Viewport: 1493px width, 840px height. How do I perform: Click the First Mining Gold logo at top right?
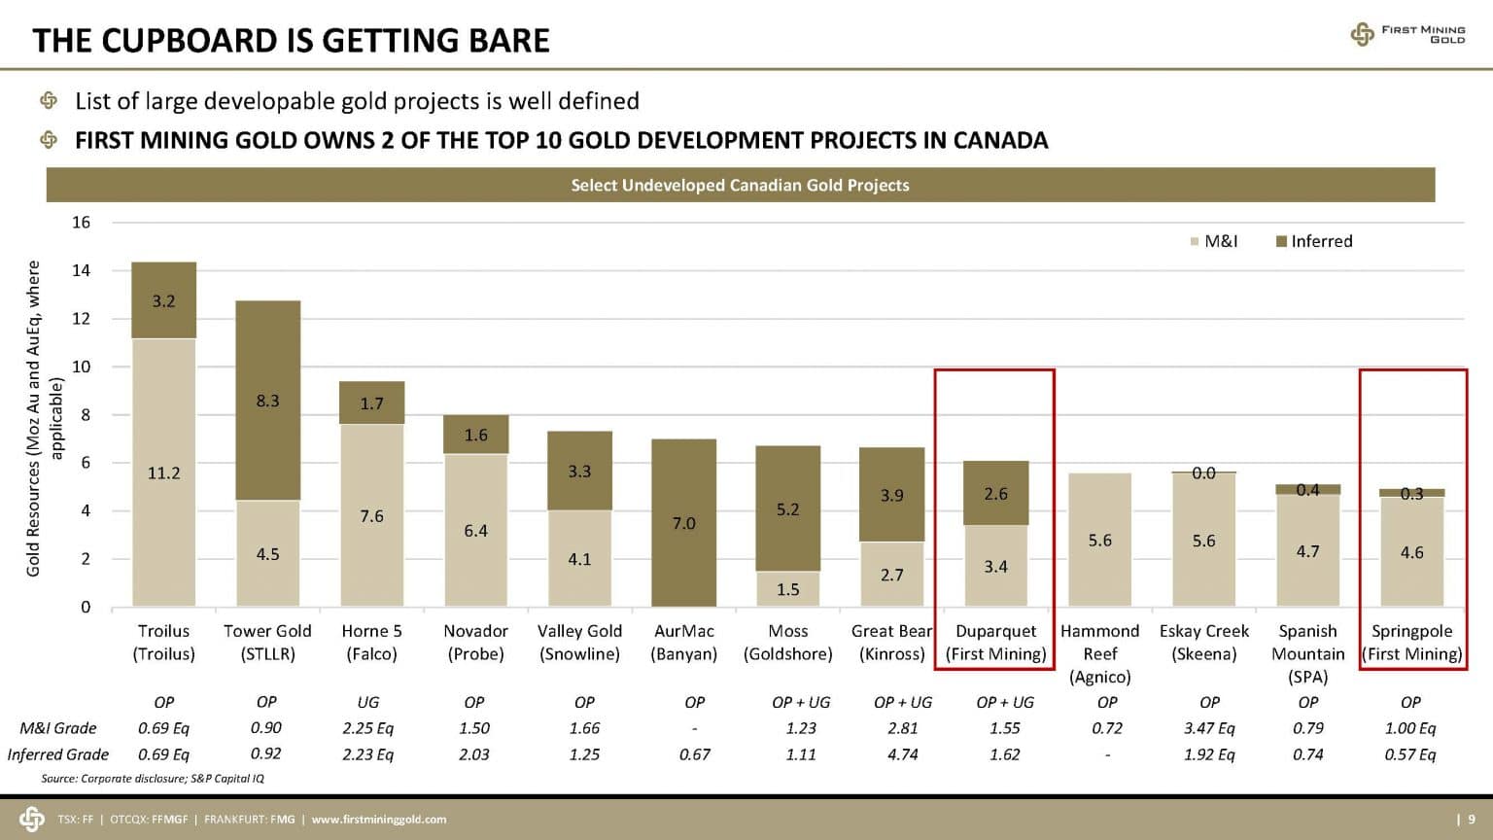click(1407, 35)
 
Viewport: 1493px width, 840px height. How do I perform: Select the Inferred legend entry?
click(1313, 241)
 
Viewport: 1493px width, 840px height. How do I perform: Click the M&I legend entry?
click(1214, 241)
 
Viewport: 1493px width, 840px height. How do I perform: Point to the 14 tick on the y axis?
click(81, 270)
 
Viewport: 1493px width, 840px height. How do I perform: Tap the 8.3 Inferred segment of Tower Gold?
click(267, 401)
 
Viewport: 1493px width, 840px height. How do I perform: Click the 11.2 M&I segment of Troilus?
click(163, 472)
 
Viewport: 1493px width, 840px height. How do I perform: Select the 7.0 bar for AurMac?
click(683, 523)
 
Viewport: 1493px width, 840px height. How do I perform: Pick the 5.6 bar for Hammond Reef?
click(1099, 540)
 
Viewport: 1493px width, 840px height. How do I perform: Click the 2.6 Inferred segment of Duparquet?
click(995, 493)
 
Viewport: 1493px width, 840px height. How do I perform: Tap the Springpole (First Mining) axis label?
click(1411, 643)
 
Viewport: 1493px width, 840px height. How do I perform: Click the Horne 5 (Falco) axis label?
click(371, 643)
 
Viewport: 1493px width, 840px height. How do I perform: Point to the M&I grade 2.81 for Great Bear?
click(902, 728)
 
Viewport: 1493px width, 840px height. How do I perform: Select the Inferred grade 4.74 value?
click(902, 754)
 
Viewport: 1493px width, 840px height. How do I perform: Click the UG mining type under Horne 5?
click(368, 702)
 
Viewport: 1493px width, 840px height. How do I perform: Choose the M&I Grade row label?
click(58, 728)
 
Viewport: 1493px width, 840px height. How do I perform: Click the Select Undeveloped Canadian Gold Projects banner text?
click(740, 185)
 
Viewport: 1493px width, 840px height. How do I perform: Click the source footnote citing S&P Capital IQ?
click(153, 778)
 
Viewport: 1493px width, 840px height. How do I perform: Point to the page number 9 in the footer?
click(1472, 820)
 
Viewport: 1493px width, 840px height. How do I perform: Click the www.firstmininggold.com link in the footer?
click(378, 820)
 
